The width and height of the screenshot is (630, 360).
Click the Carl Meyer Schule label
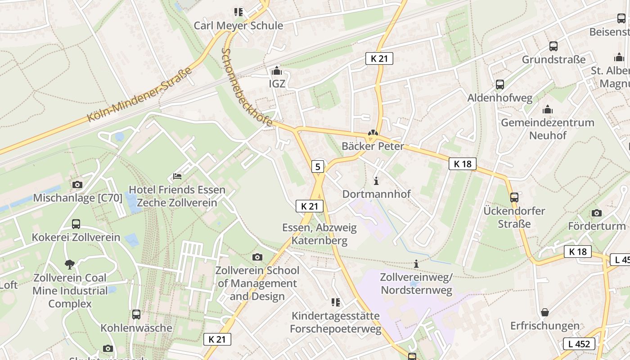pos(238,25)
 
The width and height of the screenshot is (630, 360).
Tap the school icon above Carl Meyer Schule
pos(238,12)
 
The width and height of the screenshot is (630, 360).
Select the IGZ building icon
pos(277,71)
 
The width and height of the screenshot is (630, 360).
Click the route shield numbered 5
pos(318,167)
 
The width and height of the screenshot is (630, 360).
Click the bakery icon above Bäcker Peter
pos(372,133)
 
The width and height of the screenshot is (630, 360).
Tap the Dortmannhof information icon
pos(377,181)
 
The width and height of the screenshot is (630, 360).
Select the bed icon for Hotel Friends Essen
pos(177,176)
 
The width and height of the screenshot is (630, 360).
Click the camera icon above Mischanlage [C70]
pos(77,184)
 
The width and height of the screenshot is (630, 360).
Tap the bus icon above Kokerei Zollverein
pos(76,224)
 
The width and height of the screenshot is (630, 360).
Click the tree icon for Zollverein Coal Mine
pos(69,264)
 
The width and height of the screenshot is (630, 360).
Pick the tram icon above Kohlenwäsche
pos(136,315)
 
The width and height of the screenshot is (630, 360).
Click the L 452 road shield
pos(579,344)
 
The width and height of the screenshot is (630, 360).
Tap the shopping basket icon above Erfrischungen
pos(545,312)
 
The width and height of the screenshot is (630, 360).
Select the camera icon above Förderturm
pos(597,213)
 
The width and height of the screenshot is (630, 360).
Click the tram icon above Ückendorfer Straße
pos(514,197)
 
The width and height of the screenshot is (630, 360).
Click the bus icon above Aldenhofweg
pos(499,85)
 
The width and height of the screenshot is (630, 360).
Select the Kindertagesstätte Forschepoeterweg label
pos(335,322)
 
